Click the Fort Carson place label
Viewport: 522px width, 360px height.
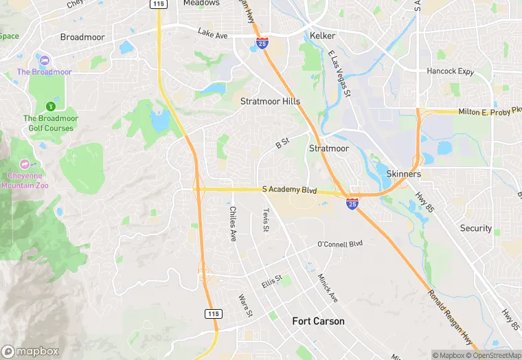(x=318, y=321)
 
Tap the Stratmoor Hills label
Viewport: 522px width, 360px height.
(x=270, y=101)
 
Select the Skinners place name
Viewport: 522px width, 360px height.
(x=403, y=174)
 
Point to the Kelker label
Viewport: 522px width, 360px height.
(x=321, y=35)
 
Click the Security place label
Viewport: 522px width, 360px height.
(x=476, y=228)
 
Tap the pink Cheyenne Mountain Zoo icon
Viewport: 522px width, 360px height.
(x=25, y=164)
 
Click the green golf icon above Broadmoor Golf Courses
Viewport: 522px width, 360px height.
(x=50, y=106)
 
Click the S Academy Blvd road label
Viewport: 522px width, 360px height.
(x=289, y=190)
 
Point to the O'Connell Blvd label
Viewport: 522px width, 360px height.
(x=339, y=244)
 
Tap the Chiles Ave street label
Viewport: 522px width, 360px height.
(x=233, y=224)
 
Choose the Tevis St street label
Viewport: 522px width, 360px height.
(x=265, y=221)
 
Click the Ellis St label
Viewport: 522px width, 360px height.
(x=273, y=282)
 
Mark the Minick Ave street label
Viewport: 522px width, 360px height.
(x=328, y=288)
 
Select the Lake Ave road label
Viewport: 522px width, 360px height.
(x=212, y=32)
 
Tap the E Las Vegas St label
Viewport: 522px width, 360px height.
(x=339, y=73)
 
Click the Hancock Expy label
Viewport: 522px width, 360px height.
(x=450, y=71)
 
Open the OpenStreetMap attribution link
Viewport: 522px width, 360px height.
(x=492, y=355)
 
